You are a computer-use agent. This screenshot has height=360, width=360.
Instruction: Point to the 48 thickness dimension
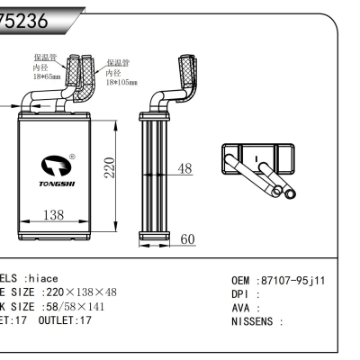pos(184,168)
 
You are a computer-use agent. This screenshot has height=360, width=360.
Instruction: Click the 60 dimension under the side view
pos(187,239)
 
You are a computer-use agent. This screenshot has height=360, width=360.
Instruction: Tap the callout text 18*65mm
pos(47,77)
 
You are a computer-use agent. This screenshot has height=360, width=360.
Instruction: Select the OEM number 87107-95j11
pos(292,280)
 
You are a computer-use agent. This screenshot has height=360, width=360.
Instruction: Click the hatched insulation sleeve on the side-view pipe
pos(190,71)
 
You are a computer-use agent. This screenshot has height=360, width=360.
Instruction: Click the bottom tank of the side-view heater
pos(153,237)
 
